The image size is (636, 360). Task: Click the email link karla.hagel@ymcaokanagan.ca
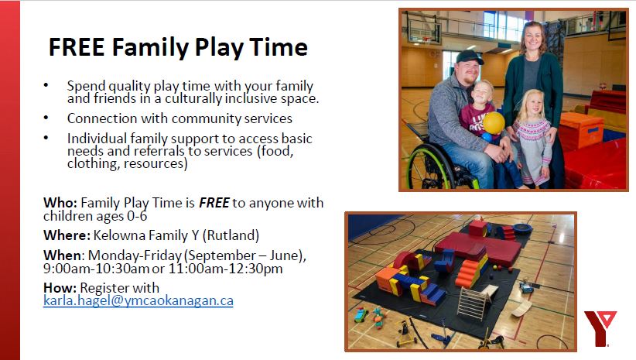(138, 300)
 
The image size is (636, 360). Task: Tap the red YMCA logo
(600, 328)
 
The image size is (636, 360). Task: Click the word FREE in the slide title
(77, 47)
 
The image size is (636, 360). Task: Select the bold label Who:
(60, 203)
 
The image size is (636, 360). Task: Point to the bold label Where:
(67, 235)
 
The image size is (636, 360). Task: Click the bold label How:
(60, 288)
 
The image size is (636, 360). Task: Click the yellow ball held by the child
(494, 122)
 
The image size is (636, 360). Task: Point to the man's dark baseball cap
(470, 57)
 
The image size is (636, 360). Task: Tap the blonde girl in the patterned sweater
(532, 138)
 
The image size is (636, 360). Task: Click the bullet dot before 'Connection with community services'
(46, 118)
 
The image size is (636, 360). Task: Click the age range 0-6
(137, 215)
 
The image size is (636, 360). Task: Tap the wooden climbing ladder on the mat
(473, 303)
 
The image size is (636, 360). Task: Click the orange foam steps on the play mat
(467, 273)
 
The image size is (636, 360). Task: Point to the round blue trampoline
(522, 228)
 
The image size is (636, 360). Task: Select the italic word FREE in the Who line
(214, 203)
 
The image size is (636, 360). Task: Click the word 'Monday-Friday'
(135, 255)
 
